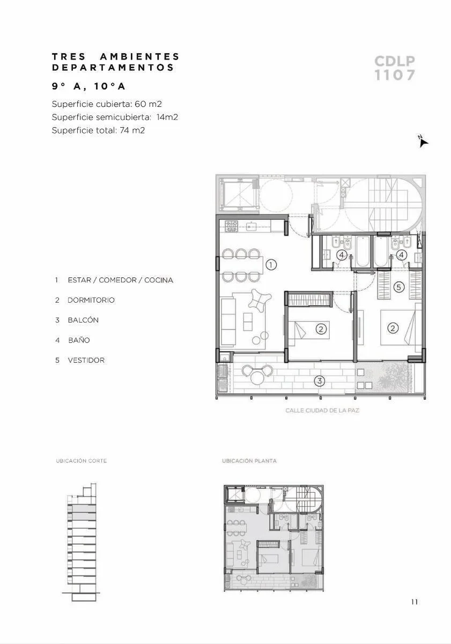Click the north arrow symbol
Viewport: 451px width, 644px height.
(x=423, y=142)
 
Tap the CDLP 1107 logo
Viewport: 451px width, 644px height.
(x=395, y=68)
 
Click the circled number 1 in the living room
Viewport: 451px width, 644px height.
(x=271, y=265)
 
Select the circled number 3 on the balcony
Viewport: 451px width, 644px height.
(x=319, y=381)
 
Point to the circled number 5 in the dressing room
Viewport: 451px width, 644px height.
(x=399, y=287)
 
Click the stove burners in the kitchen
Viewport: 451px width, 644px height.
(x=231, y=226)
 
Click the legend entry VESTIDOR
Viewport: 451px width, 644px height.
(x=86, y=360)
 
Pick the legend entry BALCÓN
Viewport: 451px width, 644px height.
(x=83, y=320)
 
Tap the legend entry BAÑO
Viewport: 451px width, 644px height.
(x=79, y=340)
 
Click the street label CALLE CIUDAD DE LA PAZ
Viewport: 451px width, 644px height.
(x=322, y=410)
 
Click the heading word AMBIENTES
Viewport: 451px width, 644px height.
(x=139, y=56)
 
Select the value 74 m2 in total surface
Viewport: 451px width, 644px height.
(x=132, y=130)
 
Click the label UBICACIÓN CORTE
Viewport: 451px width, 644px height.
(x=82, y=460)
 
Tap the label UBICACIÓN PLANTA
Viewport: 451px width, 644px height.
(x=249, y=460)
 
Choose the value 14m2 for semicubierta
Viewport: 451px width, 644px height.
(x=167, y=117)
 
